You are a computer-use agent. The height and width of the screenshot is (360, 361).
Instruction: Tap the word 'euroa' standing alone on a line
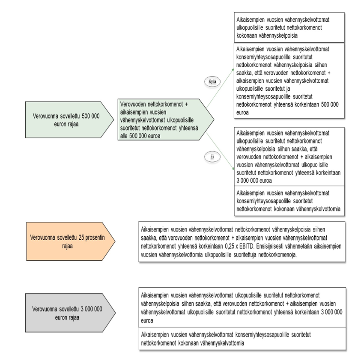pos(147,320)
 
